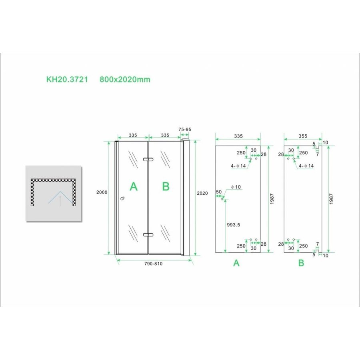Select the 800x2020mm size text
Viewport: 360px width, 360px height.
(125, 79)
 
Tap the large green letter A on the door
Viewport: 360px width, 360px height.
(134, 186)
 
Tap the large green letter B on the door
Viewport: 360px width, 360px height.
(166, 186)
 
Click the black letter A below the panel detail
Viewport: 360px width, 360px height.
(236, 263)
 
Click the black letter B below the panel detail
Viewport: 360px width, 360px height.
(301, 263)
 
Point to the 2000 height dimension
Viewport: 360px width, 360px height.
(102, 192)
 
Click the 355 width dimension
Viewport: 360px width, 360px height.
(303, 136)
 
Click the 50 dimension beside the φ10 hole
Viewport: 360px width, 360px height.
(218, 192)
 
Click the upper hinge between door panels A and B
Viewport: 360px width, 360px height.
(148, 160)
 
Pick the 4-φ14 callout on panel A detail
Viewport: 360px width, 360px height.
(238, 166)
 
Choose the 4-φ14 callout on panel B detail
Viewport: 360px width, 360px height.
(306, 166)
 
